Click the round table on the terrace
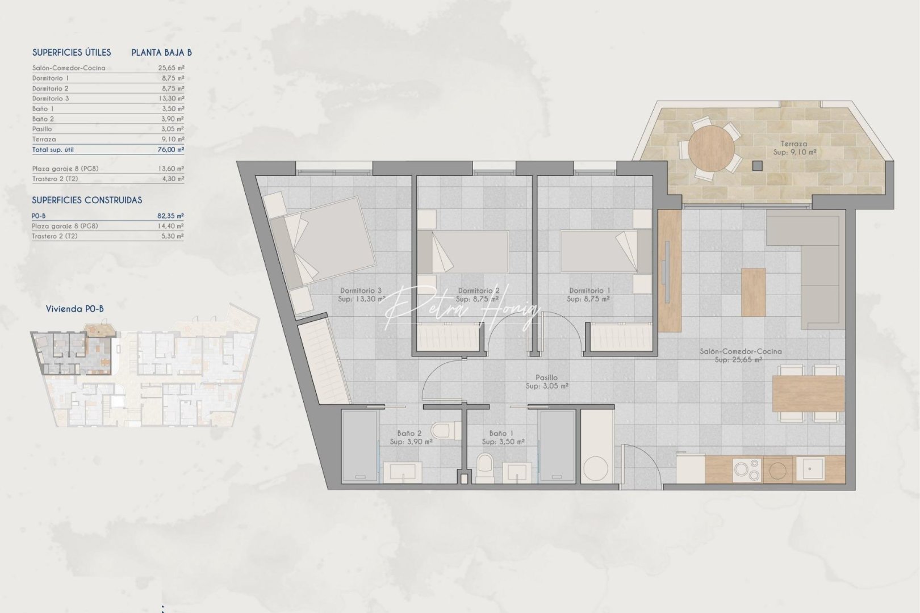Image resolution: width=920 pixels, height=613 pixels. pos(710,148)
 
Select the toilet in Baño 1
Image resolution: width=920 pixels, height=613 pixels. pos(486,468)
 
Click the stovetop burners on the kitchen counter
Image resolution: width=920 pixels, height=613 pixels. pos(746,469)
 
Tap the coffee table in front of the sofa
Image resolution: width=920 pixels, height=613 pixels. pos(754,292)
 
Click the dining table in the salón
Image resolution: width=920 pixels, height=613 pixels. pos(808,394)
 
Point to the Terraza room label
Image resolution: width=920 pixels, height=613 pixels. pos(793,144)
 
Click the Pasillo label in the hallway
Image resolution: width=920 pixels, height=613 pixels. pos(546,377)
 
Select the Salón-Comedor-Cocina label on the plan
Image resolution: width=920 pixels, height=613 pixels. pos(741,351)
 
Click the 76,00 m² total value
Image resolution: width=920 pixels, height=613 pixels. pos(171,150)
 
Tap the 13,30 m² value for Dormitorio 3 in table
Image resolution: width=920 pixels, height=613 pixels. pos(172,98)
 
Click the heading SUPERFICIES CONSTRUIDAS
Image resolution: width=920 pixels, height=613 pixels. pos(87,200)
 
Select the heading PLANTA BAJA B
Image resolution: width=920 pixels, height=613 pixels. pos(161,52)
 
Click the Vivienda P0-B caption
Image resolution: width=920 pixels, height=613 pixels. pos(74,309)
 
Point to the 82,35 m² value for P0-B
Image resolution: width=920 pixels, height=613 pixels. pos(171,216)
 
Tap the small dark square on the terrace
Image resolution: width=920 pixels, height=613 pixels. pos(757,166)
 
